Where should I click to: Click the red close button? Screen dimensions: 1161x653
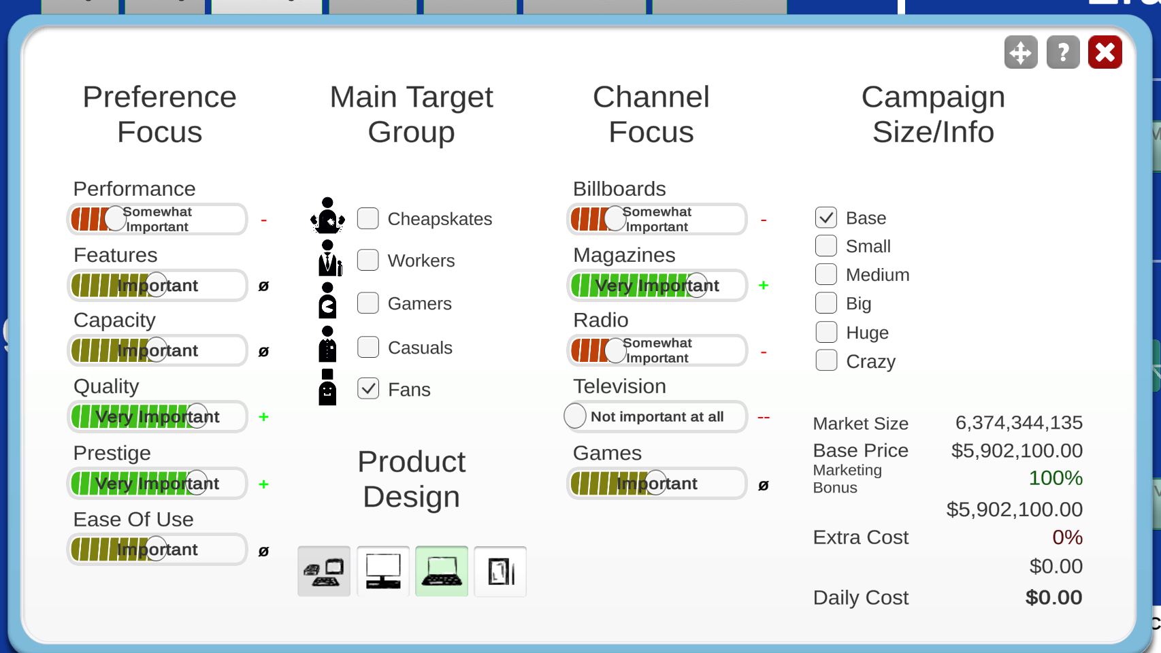(x=1105, y=52)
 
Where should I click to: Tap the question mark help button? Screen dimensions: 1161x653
(x=1063, y=52)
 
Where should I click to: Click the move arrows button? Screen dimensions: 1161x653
(x=1021, y=52)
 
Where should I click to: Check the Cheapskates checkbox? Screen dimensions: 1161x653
(x=368, y=218)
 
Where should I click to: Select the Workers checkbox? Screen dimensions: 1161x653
(x=368, y=260)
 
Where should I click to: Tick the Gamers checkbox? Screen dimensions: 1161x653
(x=368, y=303)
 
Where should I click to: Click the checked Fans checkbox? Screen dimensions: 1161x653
(x=368, y=388)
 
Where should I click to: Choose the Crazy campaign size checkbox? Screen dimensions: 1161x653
(x=826, y=361)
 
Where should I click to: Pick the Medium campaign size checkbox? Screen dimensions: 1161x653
(x=826, y=274)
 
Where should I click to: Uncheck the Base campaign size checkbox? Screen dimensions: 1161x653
(x=826, y=217)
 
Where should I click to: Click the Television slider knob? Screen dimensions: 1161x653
(x=575, y=416)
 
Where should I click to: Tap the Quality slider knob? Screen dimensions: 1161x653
(x=197, y=416)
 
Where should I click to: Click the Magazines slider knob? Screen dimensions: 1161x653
(x=697, y=285)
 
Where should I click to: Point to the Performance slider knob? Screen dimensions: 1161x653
(x=115, y=219)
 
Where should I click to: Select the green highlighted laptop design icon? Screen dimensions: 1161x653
(x=442, y=571)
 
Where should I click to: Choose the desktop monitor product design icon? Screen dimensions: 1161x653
(x=383, y=571)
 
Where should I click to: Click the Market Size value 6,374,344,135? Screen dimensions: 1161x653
(x=1019, y=423)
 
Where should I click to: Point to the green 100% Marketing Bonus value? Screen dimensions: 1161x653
(x=1056, y=478)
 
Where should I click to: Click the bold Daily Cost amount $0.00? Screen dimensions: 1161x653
(x=1053, y=597)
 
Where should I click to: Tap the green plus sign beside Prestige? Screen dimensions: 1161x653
(x=264, y=484)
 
